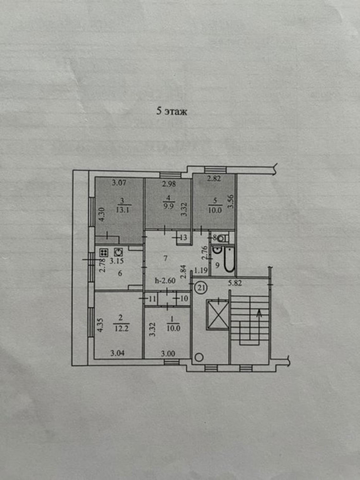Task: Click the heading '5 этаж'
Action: coord(172,111)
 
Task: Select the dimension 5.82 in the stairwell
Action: coord(235,283)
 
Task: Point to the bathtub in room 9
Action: coord(229,259)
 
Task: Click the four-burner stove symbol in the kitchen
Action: coord(104,252)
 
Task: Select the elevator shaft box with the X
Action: coord(218,315)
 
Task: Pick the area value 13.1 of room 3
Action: coord(122,210)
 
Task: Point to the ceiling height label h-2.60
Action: coord(165,280)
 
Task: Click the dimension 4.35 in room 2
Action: coord(103,325)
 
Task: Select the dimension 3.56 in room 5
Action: coord(231,202)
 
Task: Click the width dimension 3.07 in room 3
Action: coord(119,183)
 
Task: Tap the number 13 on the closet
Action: coord(184,237)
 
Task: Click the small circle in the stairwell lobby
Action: coord(199,357)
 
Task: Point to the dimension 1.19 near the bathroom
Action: coord(201,270)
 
